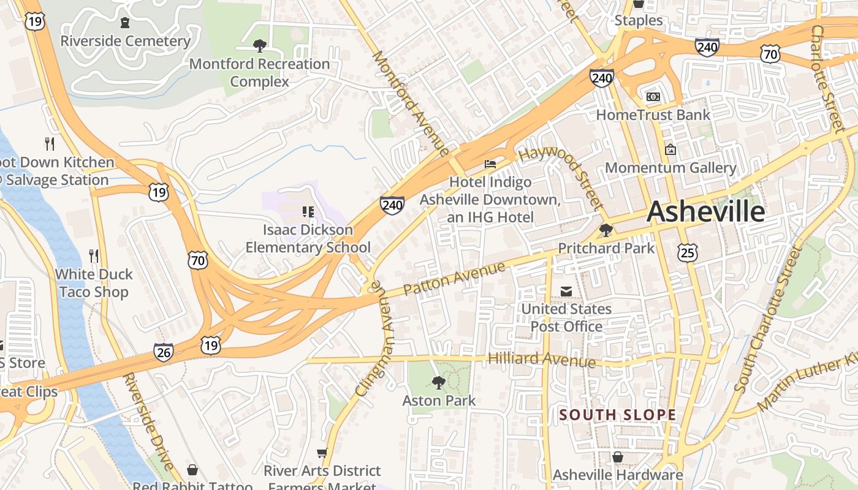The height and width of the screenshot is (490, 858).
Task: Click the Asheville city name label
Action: pos(705,212)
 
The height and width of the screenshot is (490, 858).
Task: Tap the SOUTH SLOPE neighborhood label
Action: pos(618,415)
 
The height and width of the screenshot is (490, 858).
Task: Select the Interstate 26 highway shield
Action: pos(163,352)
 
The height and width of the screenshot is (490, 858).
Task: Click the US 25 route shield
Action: pos(688,251)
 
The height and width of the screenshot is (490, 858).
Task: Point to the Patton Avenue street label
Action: pos(455,278)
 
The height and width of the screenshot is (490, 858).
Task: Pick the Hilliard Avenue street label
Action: pos(542,359)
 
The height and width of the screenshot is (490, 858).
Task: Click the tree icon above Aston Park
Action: pos(438,383)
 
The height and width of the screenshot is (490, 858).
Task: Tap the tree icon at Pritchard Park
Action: pos(606,230)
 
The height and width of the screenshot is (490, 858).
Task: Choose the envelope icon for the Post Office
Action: pos(566,292)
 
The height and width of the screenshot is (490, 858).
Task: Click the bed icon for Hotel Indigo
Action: pos(490,164)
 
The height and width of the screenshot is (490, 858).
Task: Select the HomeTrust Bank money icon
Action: pos(653,97)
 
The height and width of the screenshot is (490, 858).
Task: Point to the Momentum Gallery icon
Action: pos(670,149)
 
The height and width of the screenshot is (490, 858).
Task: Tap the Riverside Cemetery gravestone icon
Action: pos(125,23)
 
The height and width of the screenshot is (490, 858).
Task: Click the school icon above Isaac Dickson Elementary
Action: pos(308,212)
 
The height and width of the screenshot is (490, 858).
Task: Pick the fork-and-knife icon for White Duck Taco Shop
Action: pos(93,255)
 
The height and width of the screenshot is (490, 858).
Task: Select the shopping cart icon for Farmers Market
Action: pos(322,453)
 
